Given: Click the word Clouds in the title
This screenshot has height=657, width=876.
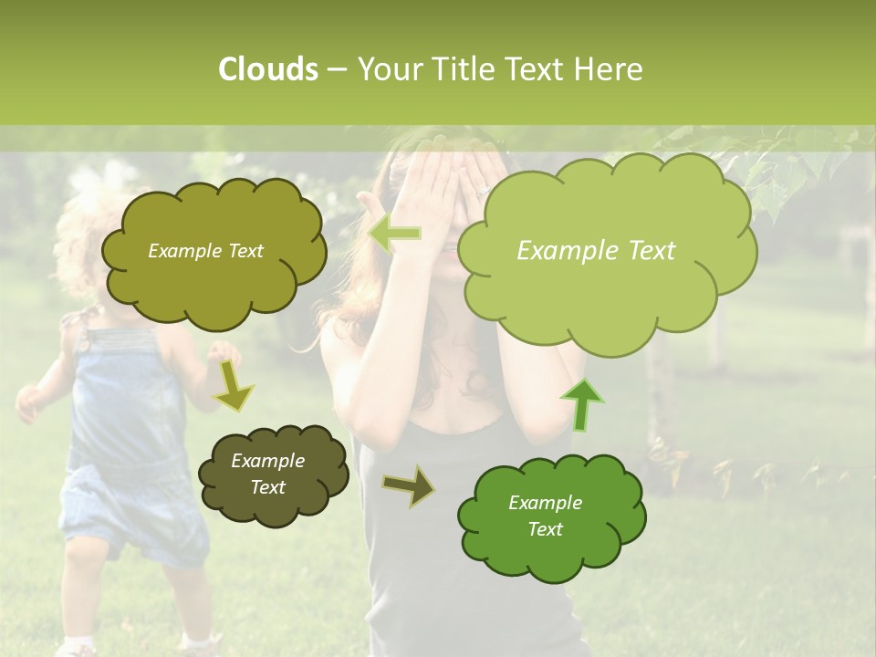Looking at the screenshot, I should [267, 69].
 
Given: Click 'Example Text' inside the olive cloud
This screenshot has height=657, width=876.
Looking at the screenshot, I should [205, 251].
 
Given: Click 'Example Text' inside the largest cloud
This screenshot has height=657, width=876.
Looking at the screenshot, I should [596, 251].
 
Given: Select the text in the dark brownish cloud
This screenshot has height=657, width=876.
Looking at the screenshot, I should [268, 474].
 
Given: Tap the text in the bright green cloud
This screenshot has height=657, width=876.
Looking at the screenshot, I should [545, 516].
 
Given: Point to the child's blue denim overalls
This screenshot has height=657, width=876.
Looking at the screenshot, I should [128, 438].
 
